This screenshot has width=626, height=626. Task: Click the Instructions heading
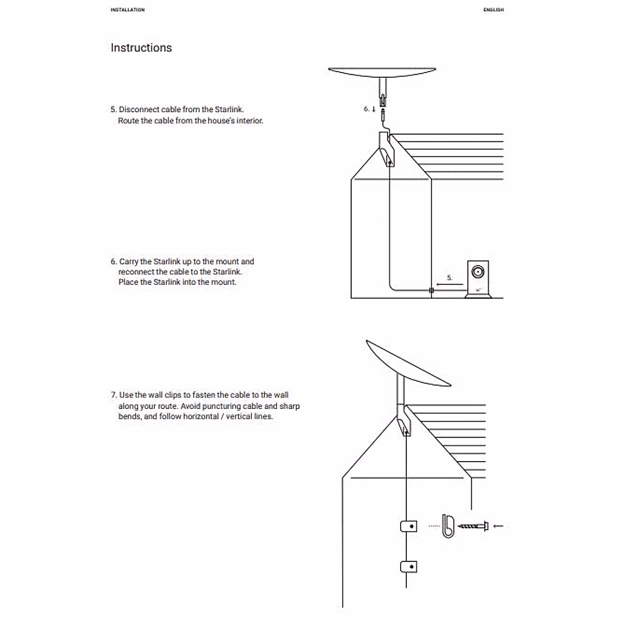click(x=141, y=47)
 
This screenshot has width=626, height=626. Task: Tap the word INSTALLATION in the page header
click(x=127, y=9)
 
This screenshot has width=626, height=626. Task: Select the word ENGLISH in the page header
click(x=493, y=9)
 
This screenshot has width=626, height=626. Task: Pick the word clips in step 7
click(x=173, y=395)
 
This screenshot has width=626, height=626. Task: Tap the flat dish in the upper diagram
click(x=382, y=72)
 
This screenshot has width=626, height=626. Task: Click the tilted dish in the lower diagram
click(x=407, y=363)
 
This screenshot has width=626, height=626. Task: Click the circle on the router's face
click(x=478, y=272)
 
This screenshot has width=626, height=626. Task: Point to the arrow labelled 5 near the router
click(x=450, y=284)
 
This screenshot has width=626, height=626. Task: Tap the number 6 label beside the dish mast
click(x=366, y=109)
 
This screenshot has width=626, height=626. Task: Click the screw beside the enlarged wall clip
click(x=472, y=526)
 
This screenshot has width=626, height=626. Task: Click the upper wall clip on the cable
click(x=408, y=526)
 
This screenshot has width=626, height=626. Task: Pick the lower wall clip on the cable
click(x=408, y=567)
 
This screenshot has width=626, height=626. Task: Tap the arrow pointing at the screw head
click(x=498, y=526)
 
